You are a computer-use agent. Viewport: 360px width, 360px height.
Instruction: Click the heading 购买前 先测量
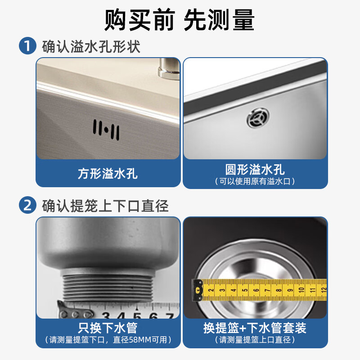coord(180,20)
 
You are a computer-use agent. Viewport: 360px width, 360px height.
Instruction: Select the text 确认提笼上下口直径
coord(106,206)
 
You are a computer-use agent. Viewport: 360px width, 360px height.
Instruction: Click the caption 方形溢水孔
coord(108,173)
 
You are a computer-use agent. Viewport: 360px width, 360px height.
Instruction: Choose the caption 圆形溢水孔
coord(255,170)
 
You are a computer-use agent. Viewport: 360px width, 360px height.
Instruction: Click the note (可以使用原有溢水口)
coord(255,181)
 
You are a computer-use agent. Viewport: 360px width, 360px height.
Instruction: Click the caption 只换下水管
coord(108,328)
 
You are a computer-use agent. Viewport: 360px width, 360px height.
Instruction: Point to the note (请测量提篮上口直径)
coord(255,340)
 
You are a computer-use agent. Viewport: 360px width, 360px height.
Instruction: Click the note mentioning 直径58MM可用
coord(108,340)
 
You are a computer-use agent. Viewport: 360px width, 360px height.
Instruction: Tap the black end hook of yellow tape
coord(197,290)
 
